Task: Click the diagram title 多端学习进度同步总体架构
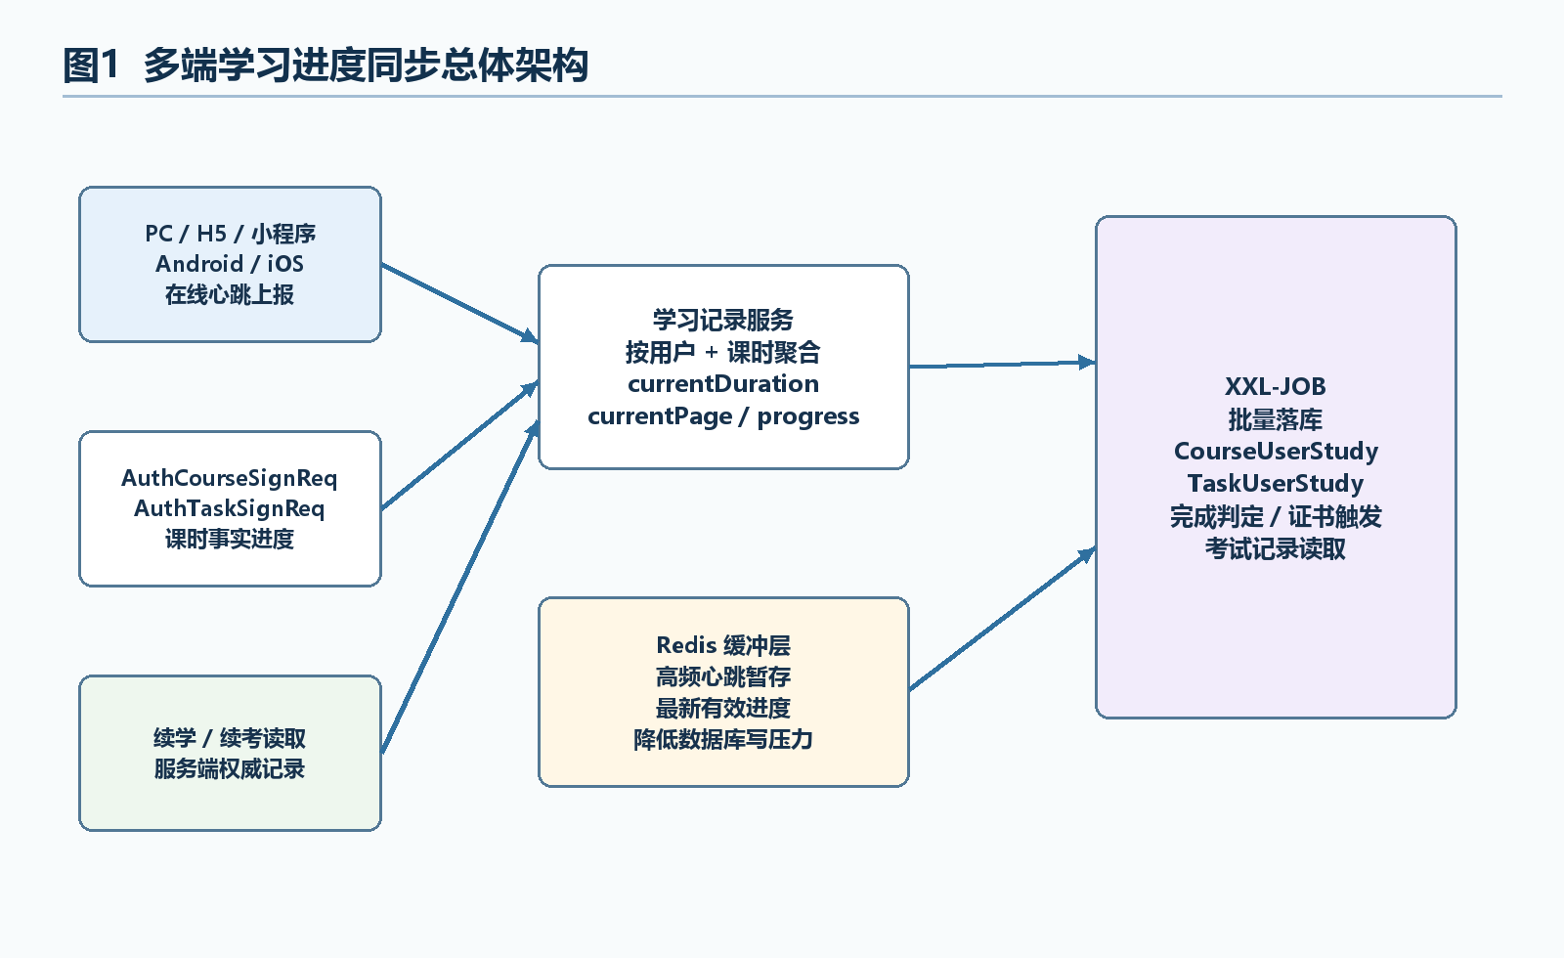pos(366,65)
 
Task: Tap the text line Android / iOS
pos(230,264)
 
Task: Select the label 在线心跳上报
pos(230,294)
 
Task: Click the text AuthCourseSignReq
pos(230,478)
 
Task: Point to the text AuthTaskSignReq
pos(230,509)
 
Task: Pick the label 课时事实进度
pos(230,539)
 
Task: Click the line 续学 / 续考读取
pos(230,738)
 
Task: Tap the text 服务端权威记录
pos(230,768)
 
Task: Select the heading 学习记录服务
pos(723,320)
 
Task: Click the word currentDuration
pos(723,383)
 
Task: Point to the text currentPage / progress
pos(723,416)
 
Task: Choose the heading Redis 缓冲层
pos(723,645)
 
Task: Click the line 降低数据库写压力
pos(723,739)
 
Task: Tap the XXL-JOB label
pos(1276,386)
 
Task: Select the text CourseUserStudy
pos(1276,451)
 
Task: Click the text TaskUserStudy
pos(1276,483)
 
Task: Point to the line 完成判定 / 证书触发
pos(1276,517)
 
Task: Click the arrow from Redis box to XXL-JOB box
pos(1002,620)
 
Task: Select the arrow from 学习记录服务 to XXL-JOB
pos(1002,364)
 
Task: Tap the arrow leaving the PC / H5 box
pos(459,304)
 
